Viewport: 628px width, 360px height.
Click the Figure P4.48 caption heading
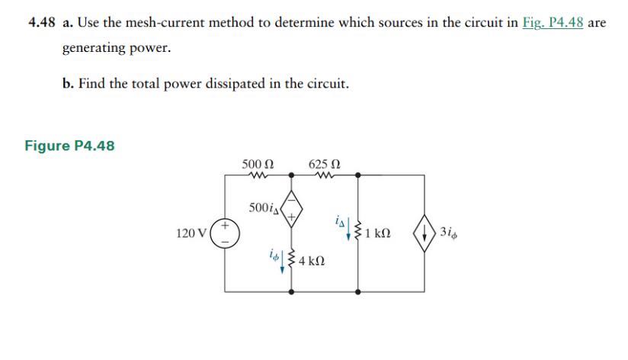70,146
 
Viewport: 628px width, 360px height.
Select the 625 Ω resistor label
325,163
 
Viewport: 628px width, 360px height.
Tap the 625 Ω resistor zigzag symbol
325,175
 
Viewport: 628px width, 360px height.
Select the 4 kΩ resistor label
312,262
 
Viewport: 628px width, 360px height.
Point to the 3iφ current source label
449,232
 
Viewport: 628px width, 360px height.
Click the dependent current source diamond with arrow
425,233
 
